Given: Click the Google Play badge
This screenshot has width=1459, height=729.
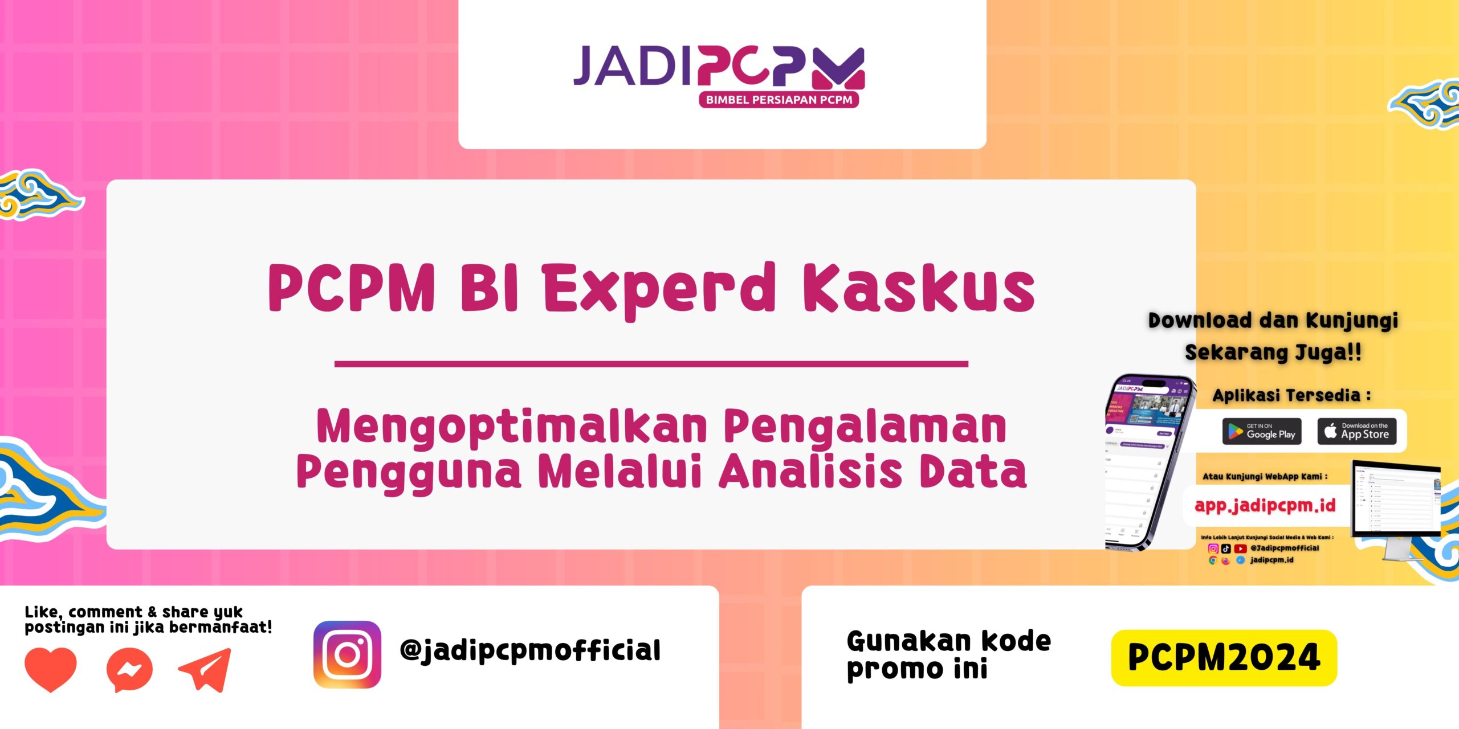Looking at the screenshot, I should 1262,431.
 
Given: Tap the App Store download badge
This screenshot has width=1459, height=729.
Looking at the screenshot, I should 1356,431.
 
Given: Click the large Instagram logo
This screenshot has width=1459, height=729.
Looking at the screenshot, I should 347,654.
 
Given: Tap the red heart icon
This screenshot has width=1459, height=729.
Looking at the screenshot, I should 51,669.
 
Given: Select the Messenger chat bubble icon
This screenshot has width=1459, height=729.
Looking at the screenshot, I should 129,670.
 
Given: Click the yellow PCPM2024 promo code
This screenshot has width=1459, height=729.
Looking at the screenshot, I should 1224,658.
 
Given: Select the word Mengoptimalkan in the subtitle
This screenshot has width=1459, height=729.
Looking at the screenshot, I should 511,427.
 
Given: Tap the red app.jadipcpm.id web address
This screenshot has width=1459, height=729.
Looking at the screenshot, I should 1265,505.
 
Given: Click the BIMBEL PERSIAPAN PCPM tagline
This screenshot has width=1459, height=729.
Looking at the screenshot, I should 779,100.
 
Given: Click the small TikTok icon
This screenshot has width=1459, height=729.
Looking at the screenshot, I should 1226,548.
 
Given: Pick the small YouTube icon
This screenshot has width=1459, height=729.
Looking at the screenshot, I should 1240,548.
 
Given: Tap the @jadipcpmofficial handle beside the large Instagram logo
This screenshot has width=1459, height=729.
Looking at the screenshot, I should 530,650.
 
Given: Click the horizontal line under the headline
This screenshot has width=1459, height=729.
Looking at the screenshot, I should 651,363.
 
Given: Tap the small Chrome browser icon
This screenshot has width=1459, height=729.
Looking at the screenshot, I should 1212,560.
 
